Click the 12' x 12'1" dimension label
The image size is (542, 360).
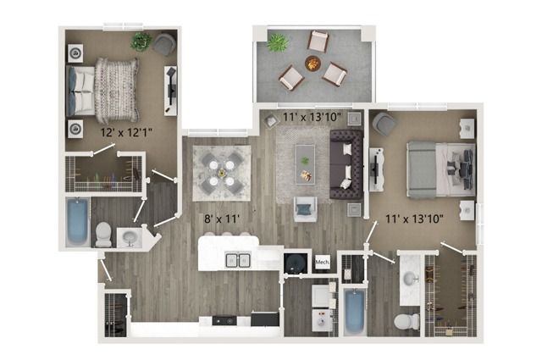pyautogui.click(x=126, y=132)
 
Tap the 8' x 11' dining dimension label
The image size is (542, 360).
pyautogui.click(x=222, y=219)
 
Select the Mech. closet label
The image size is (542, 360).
pyautogui.click(x=322, y=262)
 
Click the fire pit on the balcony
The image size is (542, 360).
pyautogui.click(x=312, y=64)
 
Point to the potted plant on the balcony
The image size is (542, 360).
pyautogui.click(x=278, y=42)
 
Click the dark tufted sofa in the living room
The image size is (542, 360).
pyautogui.click(x=346, y=164)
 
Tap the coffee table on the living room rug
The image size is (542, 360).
pyautogui.click(x=305, y=164)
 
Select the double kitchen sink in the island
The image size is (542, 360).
pyautogui.click(x=238, y=260)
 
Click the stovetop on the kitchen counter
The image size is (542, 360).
pyautogui.click(x=224, y=320)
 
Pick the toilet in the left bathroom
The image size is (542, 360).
pyautogui.click(x=103, y=234)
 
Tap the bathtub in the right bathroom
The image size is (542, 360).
pyautogui.click(x=355, y=312)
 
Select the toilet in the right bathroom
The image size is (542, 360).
pyautogui.click(x=406, y=322)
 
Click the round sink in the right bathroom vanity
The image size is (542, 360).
pyautogui.click(x=410, y=277)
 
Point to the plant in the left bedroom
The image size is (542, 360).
pyautogui.click(x=141, y=42)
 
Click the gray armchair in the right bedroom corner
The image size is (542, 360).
pyautogui.click(x=384, y=124)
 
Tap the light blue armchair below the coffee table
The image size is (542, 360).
pyautogui.click(x=305, y=209)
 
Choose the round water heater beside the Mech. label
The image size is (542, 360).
pyautogui.click(x=296, y=263)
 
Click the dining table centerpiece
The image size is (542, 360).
pyautogui.click(x=222, y=171)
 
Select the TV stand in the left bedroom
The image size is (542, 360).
pyautogui.click(x=170, y=91)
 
